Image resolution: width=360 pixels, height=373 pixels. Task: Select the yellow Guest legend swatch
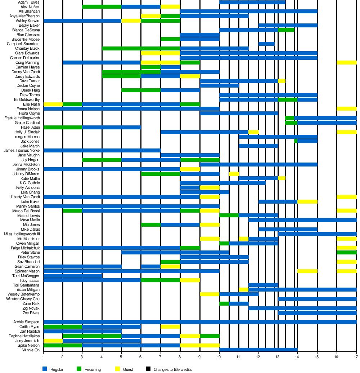[117, 369]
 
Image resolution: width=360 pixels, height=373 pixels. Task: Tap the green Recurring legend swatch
[79, 369]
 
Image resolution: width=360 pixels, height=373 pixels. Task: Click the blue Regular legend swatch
[45, 369]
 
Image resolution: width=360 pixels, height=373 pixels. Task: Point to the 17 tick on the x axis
[356, 357]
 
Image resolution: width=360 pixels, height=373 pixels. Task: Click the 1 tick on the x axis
[43, 357]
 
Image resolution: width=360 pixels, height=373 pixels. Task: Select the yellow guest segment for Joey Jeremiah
[53, 341]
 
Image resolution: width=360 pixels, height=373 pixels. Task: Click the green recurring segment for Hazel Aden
[63, 128]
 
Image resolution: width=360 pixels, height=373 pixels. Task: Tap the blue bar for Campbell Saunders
[266, 44]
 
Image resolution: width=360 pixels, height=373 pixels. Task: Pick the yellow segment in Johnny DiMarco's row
[234, 174]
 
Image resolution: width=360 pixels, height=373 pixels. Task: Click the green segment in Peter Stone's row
[347, 252]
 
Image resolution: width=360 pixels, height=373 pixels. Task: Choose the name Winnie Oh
[31, 350]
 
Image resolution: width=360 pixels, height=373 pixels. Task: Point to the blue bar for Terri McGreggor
[73, 276]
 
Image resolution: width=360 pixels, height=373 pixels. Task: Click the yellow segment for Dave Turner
[282, 81]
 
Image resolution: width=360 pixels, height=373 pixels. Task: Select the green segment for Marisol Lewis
[229, 216]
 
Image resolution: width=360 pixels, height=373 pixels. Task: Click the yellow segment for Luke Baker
[307, 201]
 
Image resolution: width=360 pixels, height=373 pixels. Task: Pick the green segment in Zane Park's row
[224, 303]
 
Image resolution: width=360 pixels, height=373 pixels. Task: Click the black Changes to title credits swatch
[148, 369]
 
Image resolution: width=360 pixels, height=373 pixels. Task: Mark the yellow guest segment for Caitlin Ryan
[170, 327]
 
